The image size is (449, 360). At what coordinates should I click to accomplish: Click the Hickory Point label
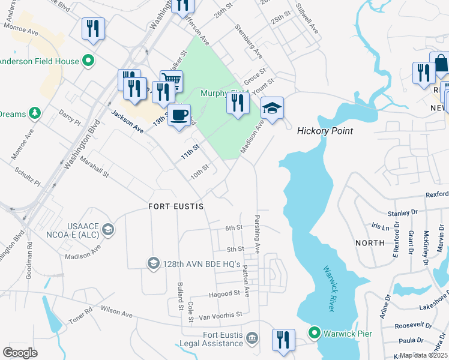click(x=325, y=131)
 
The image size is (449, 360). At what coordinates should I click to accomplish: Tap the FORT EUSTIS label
click(x=176, y=206)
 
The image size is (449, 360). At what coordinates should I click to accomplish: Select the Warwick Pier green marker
click(x=314, y=332)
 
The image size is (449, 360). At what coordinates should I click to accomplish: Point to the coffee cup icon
click(x=178, y=114)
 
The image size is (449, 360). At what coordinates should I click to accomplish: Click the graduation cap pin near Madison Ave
click(x=272, y=108)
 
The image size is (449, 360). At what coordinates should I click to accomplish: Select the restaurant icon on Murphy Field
click(x=238, y=103)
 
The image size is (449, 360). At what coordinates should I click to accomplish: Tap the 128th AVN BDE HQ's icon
click(x=153, y=263)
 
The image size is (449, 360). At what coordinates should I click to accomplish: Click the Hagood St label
click(x=224, y=293)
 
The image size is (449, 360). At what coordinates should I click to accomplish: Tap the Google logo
click(x=20, y=352)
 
